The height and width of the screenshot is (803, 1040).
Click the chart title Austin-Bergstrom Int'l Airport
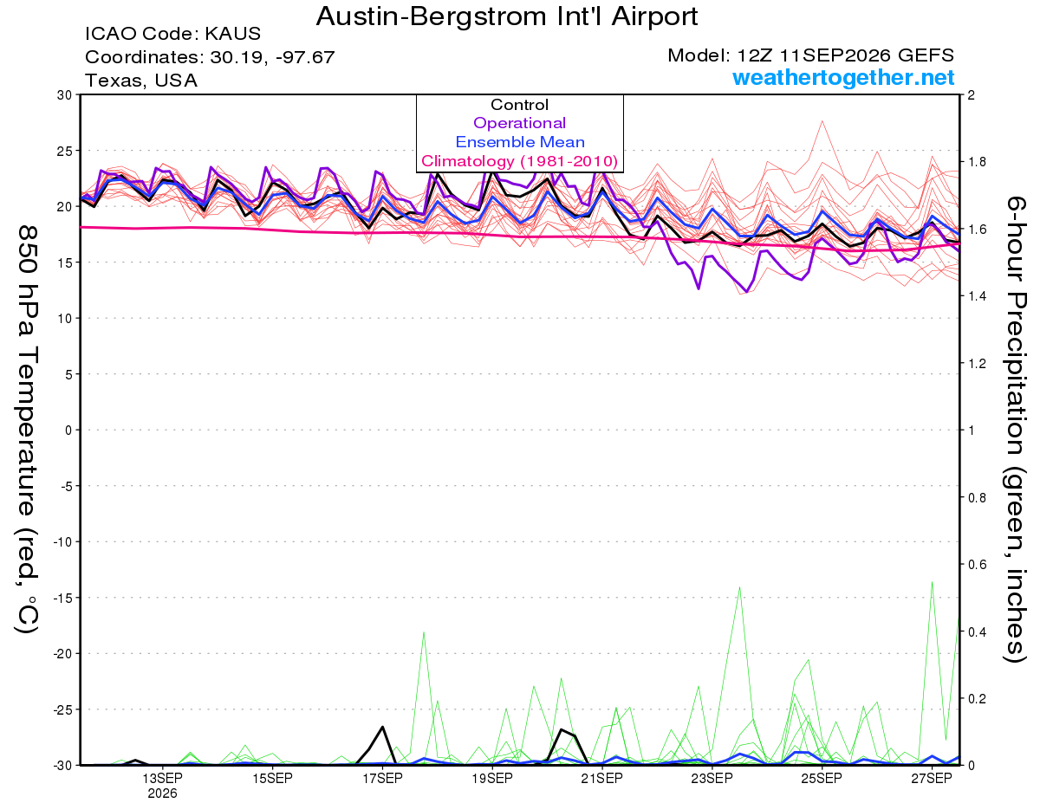pyautogui.click(x=507, y=16)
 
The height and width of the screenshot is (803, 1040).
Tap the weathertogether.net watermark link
pyautogui.click(x=842, y=77)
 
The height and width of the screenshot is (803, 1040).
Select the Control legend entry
pyautogui.click(x=519, y=105)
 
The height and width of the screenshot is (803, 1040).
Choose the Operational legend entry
pyautogui.click(x=519, y=123)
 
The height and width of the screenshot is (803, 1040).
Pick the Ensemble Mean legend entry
pyautogui.click(x=520, y=142)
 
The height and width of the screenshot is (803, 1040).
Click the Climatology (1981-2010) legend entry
pyautogui.click(x=519, y=161)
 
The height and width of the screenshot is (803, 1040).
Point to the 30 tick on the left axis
pyautogui.click(x=65, y=95)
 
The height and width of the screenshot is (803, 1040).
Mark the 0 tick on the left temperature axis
pyautogui.click(x=68, y=431)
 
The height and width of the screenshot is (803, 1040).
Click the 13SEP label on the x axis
pyautogui.click(x=162, y=778)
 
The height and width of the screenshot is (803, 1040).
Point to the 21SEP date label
pyautogui.click(x=602, y=778)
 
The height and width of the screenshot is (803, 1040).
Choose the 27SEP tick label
pyautogui.click(x=932, y=778)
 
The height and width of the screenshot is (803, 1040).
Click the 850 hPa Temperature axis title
pyautogui.click(x=27, y=429)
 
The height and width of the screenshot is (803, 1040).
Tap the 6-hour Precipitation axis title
pyautogui.click(x=1015, y=429)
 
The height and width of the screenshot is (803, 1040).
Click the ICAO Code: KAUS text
pyautogui.click(x=172, y=34)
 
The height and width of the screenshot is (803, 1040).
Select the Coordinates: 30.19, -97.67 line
pyautogui.click(x=210, y=57)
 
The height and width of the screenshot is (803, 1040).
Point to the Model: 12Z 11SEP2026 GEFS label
pyautogui.click(x=810, y=55)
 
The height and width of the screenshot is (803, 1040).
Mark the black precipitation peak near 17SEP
pyautogui.click(x=382, y=727)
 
